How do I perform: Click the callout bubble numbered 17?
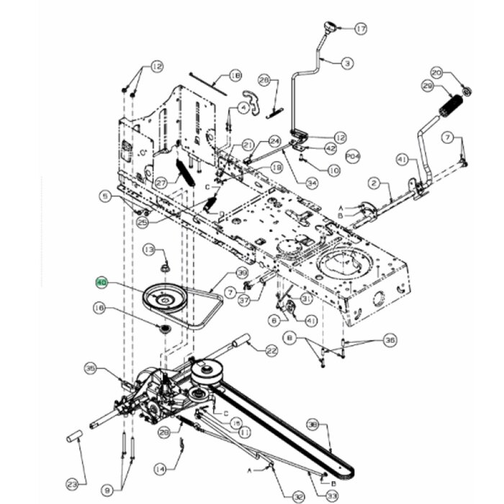(361, 29)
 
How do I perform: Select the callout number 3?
(348, 63)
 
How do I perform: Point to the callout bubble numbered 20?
(436, 72)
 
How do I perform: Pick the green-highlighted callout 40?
(102, 284)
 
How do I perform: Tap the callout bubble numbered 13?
(149, 249)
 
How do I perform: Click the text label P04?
(352, 154)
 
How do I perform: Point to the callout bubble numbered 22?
(271, 351)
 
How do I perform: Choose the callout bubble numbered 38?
(312, 423)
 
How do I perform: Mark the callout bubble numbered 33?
(332, 496)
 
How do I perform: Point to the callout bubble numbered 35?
(91, 368)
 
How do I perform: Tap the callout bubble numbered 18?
(235, 75)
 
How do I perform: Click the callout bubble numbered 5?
(105, 195)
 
